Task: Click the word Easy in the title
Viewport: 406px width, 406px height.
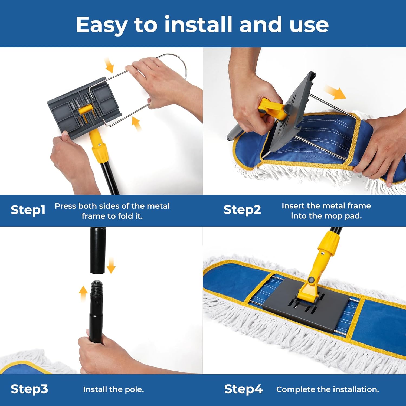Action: tap(101, 25)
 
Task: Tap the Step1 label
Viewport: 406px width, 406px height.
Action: tap(28, 210)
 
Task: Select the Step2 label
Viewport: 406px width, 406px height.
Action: tap(242, 210)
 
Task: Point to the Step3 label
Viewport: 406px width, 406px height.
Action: tap(29, 389)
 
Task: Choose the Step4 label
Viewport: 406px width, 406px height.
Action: tap(243, 389)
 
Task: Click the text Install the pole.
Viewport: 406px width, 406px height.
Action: tap(113, 389)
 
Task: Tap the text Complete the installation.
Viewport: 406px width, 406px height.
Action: tap(328, 389)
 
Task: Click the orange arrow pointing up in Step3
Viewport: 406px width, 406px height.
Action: tap(83, 293)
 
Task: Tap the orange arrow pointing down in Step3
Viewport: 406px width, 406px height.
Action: tap(111, 266)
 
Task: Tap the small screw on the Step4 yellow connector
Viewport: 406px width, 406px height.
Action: tap(323, 253)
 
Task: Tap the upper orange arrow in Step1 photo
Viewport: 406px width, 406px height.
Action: tap(109, 65)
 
